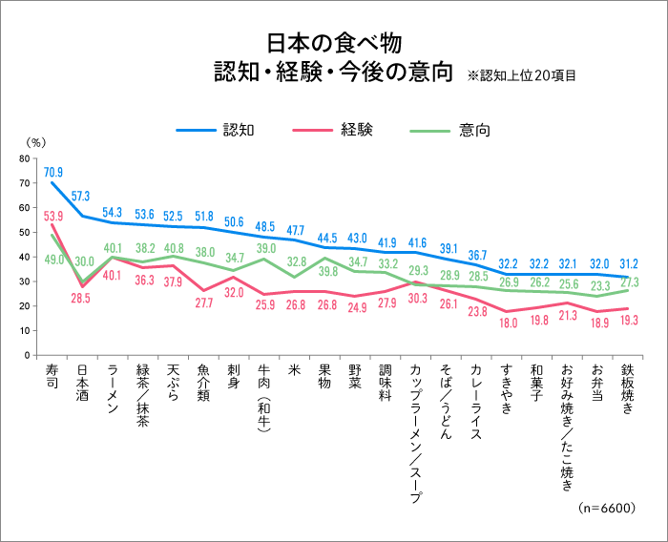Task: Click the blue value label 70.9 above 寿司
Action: tap(53, 172)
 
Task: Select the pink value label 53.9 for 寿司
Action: tap(53, 216)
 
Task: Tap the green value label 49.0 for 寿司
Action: tap(53, 260)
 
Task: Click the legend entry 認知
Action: tap(237, 129)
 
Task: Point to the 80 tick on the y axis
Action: tap(25, 157)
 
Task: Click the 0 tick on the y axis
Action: tap(28, 355)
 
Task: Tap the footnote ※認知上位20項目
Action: tap(522, 74)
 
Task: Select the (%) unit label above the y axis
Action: tap(35, 141)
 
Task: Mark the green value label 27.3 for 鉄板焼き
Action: tap(630, 282)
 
